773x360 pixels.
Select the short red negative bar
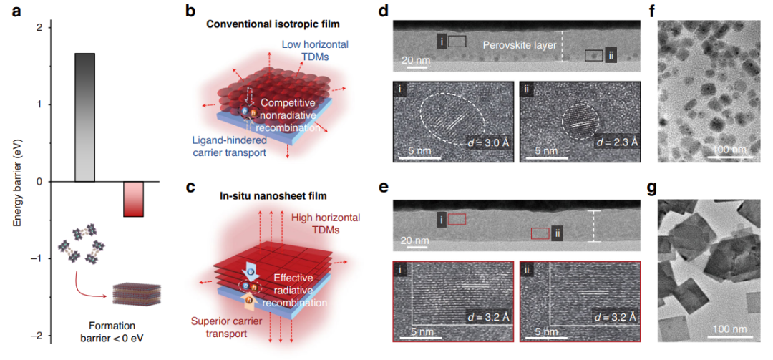[134, 198]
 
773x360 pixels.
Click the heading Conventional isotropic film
[270, 24]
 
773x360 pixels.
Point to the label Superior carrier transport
[228, 327]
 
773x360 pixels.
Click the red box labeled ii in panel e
[540, 233]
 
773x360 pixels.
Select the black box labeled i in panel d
[457, 42]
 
